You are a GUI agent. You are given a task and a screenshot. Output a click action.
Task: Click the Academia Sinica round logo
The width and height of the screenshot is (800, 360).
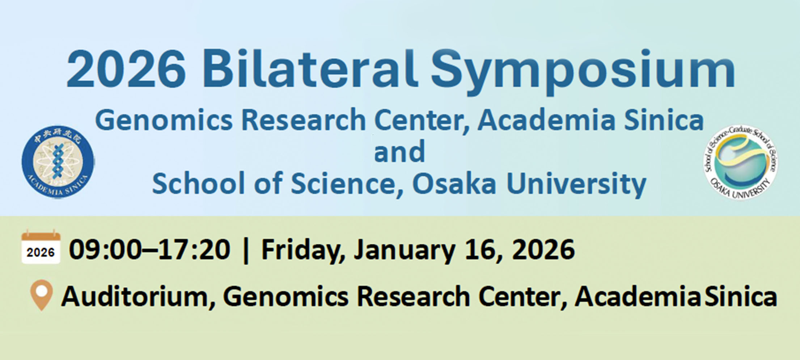point(58,161)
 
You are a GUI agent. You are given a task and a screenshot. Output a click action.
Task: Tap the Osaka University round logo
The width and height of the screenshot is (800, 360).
point(740,162)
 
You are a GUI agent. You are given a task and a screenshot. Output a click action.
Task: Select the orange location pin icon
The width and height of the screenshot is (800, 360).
point(42,294)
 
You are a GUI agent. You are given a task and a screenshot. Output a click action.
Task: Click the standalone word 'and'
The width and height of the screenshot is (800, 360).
point(399,152)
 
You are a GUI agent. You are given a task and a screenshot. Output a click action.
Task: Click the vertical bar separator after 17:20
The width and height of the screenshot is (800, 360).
point(246,250)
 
